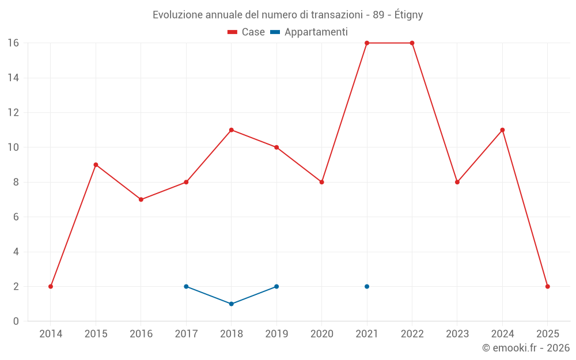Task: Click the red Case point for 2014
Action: [51, 286]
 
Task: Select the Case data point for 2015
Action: [96, 165]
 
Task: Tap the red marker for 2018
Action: [231, 130]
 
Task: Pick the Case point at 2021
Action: [367, 43]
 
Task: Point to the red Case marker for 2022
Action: [412, 43]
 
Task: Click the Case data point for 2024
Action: [502, 130]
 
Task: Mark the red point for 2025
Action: [547, 286]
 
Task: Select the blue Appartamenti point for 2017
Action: [186, 286]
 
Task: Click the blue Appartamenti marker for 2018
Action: [231, 304]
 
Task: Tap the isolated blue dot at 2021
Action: [367, 286]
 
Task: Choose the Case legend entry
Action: [247, 32]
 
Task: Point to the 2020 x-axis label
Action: [321, 334]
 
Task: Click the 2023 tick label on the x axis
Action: [457, 334]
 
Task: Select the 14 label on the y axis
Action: [13, 78]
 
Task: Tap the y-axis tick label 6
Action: [16, 217]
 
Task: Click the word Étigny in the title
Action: [409, 15]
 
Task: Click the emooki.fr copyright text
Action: [525, 348]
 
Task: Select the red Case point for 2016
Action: [141, 199]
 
